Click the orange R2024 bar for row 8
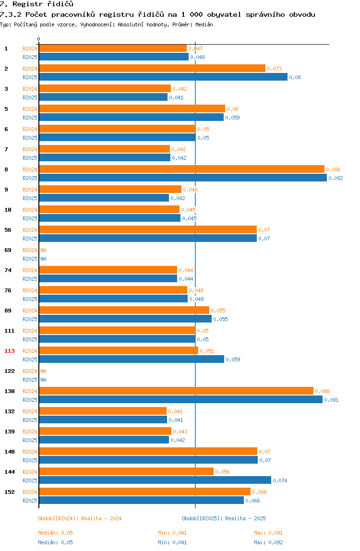[x=182, y=169]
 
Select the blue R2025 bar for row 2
[x=164, y=77]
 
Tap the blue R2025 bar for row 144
[x=156, y=480]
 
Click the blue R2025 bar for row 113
[x=132, y=359]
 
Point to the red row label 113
[x=10, y=351]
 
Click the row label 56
[x=8, y=230]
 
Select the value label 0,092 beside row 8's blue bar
[x=336, y=178]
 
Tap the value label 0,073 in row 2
[x=274, y=69]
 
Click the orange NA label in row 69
[x=43, y=250]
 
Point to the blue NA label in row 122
[x=43, y=380]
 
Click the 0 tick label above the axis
[x=39, y=39]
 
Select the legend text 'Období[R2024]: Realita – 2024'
[x=80, y=518]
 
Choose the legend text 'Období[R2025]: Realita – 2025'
[x=224, y=518]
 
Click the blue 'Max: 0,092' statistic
[x=269, y=542]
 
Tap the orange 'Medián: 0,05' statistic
[x=56, y=533]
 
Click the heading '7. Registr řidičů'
[x=36, y=4]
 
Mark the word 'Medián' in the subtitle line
[x=204, y=24]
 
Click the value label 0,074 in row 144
[x=280, y=480]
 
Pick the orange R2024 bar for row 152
[x=145, y=491]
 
